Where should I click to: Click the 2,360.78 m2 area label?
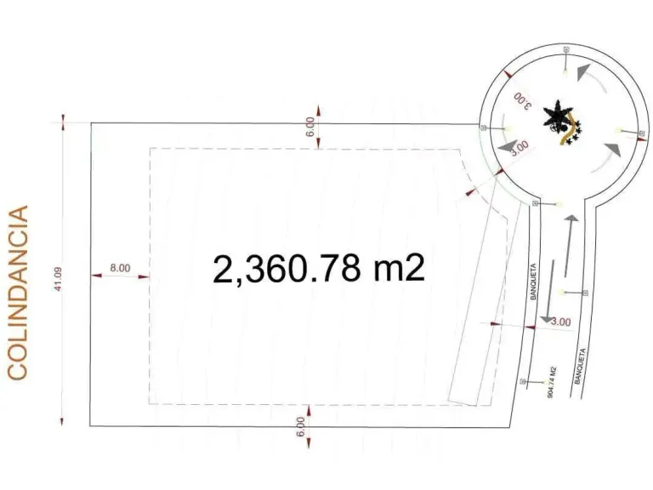pos(319,269)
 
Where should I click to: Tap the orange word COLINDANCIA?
pos(18,293)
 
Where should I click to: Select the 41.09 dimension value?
pos(58,279)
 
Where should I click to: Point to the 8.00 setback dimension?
pos(120,268)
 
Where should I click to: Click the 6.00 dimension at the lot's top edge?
pos(310,127)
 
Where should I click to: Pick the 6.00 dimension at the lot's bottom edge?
pos(301,427)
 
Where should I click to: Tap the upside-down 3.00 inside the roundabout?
pos(523,100)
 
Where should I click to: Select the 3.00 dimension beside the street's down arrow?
pos(561,322)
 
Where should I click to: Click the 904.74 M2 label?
pos(552,382)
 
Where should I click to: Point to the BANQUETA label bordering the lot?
pos(533,282)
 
